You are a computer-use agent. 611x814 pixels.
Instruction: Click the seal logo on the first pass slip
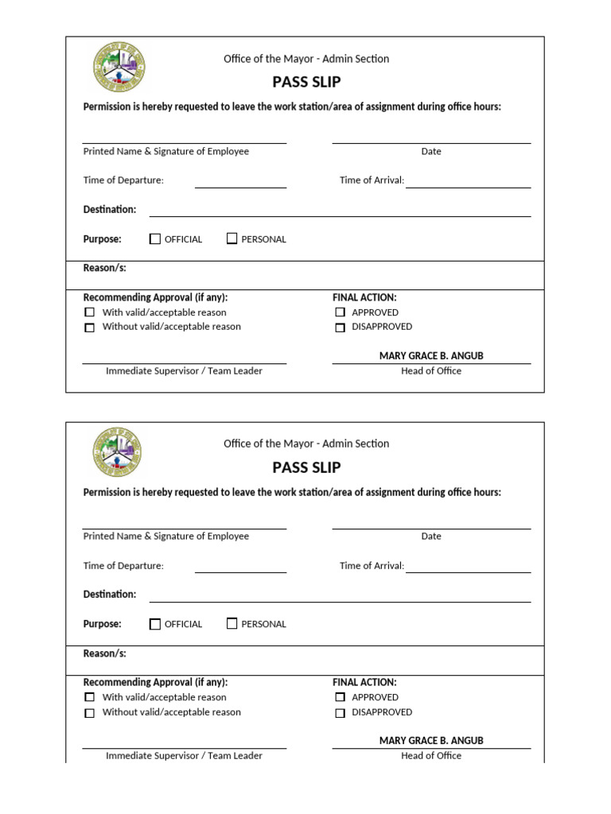119,68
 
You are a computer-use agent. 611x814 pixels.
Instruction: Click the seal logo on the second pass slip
117,452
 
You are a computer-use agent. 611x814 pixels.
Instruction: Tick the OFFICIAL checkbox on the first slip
155,238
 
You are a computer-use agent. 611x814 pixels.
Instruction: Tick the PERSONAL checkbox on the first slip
232,238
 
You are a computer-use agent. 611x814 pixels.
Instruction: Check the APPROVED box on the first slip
341,312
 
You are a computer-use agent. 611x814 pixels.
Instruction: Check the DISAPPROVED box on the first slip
341,327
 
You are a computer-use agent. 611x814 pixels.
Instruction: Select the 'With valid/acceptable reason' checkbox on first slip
90,312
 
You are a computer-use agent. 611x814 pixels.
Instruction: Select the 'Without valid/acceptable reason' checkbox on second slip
90,713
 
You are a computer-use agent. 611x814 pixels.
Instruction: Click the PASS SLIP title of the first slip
306,82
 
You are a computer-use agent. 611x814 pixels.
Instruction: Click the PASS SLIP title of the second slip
306,467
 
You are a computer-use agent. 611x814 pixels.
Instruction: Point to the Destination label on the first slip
110,210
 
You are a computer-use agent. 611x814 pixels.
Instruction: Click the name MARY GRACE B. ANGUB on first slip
431,356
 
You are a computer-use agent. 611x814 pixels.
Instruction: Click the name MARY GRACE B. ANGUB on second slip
431,741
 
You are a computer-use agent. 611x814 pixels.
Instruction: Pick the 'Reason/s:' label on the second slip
105,653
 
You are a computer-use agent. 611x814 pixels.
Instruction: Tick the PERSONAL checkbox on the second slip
232,624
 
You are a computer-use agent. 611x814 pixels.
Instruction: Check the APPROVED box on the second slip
341,697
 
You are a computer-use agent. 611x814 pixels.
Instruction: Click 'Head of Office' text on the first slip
431,371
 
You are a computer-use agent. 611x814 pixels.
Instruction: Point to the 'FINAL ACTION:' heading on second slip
364,682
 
